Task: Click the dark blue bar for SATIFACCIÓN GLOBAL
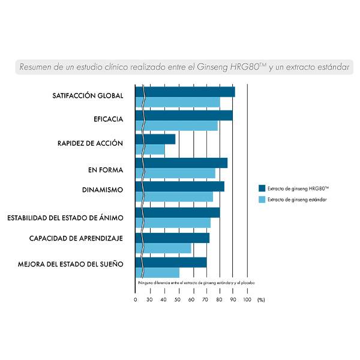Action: point(186,92)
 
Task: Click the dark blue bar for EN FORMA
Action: point(182,163)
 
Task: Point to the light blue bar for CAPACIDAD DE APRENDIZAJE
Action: point(164,248)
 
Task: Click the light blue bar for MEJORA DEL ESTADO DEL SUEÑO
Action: point(158,272)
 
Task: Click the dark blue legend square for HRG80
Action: point(262,188)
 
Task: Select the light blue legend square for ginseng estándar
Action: point(262,199)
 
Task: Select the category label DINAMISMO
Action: point(102,190)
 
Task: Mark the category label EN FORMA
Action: point(105,170)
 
